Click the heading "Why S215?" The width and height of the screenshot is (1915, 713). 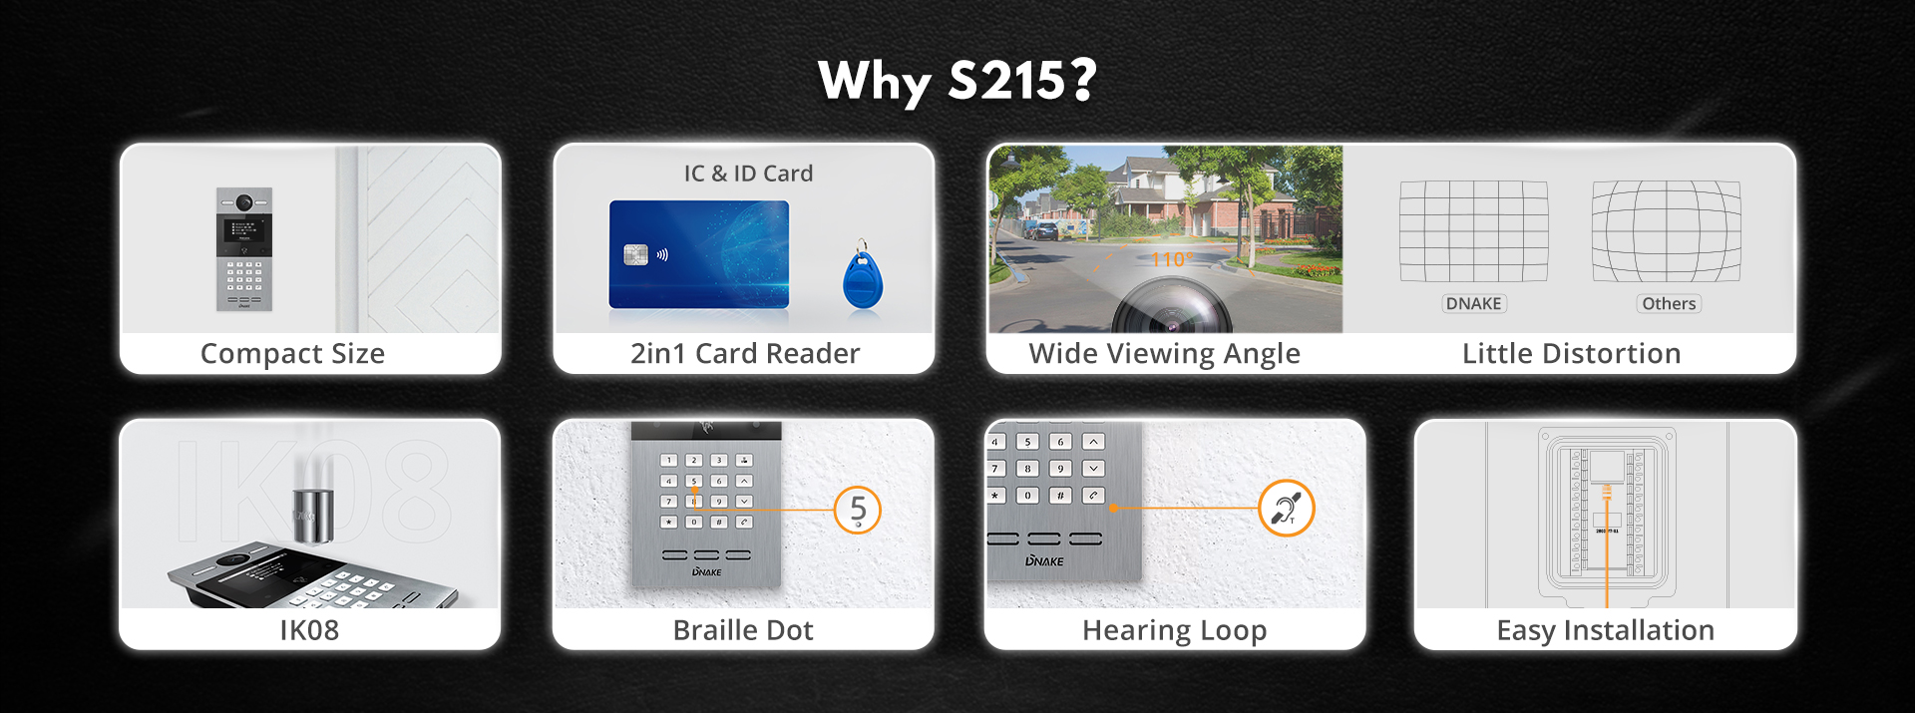tap(957, 81)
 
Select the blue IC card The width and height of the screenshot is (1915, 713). tap(699, 254)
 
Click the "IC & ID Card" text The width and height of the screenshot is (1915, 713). tap(748, 174)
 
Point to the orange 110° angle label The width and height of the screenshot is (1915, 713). tap(1169, 260)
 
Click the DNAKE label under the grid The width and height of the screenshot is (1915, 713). tap(1474, 304)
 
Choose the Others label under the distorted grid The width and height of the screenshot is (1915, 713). tap(1669, 304)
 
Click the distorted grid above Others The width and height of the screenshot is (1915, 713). tap(1667, 231)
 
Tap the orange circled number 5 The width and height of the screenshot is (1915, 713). tap(858, 510)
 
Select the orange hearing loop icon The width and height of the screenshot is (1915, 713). tap(1287, 509)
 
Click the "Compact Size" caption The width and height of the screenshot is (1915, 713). tap(292, 354)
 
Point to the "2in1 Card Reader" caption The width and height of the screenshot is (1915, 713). tap(745, 354)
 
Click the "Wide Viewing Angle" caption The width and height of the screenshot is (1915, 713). tap(1165, 354)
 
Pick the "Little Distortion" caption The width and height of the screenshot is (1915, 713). tap(1572, 354)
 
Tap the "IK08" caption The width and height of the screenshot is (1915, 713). tap(309, 630)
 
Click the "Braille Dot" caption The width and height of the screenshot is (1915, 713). tap(743, 630)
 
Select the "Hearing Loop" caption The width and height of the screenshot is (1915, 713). tap(1175, 631)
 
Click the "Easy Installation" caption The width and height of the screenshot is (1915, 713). tap(1606, 631)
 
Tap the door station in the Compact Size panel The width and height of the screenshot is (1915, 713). tap(244, 249)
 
